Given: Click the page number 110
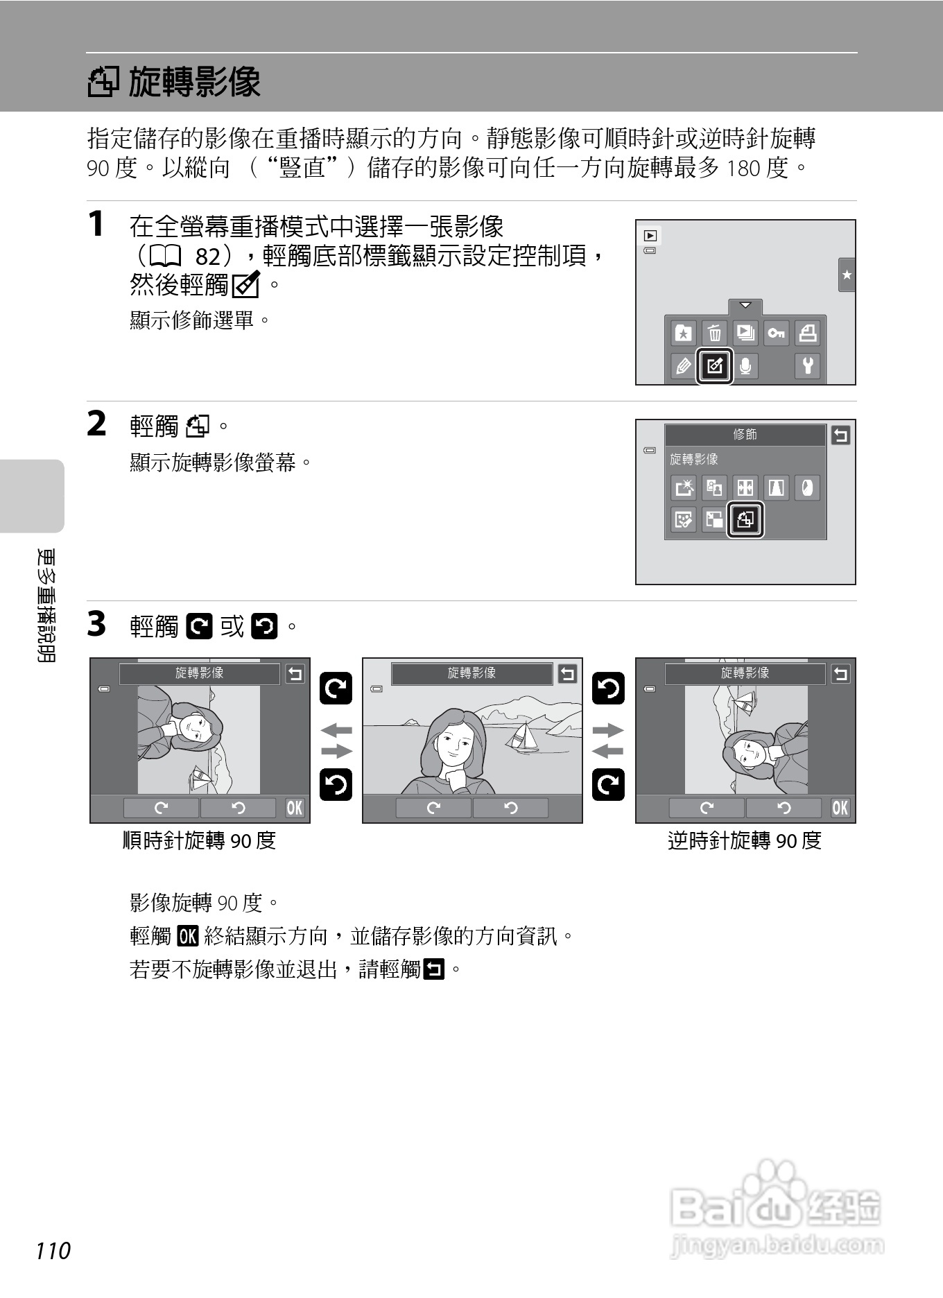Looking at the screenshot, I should click(x=53, y=1250).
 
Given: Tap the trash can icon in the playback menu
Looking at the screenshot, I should click(x=714, y=334).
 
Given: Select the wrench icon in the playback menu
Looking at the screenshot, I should click(x=808, y=365).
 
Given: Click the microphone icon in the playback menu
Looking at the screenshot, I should click(x=745, y=365).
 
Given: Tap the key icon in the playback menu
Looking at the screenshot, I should click(x=776, y=334).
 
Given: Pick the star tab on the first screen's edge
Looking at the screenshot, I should click(x=847, y=275).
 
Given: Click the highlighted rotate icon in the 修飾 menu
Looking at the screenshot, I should click(x=745, y=519).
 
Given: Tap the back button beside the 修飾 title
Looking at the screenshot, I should click(x=840, y=435).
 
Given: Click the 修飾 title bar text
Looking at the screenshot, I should click(x=745, y=435).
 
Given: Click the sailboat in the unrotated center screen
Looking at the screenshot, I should click(x=524, y=737).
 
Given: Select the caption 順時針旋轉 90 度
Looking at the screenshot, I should click(x=200, y=840).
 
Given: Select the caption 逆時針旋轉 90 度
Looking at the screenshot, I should click(x=745, y=840).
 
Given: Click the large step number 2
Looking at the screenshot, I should click(x=97, y=424).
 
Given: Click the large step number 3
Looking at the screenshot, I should click(x=97, y=623).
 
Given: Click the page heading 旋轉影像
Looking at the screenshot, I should click(x=194, y=82).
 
